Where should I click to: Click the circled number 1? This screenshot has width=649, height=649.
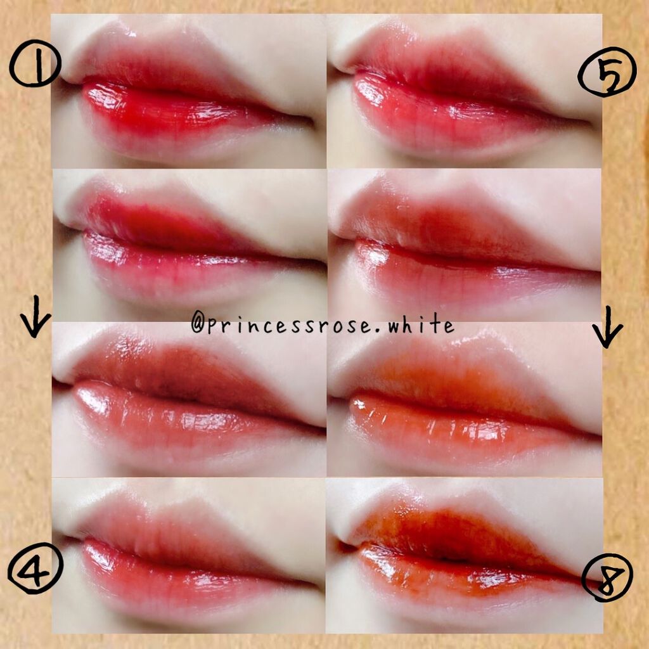click(x=35, y=63)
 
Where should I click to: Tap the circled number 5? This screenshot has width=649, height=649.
click(x=607, y=75)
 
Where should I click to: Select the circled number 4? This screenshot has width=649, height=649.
click(x=35, y=568)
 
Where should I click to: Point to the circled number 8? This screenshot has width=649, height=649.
click(x=607, y=577)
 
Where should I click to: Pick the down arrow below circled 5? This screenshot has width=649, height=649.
click(x=607, y=327)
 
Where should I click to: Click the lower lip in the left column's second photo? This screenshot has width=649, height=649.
click(x=186, y=269)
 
